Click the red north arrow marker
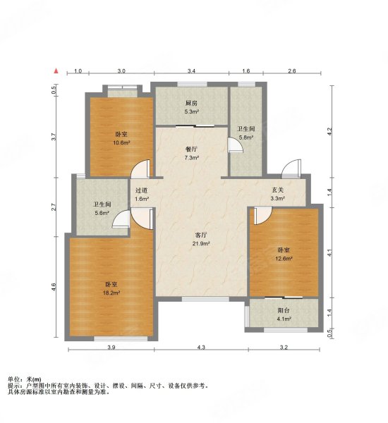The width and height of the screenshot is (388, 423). point(56,71)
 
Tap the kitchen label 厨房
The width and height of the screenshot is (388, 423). point(191,103)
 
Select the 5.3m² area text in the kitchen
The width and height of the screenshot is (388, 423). point(191,111)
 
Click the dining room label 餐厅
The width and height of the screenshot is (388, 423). point(191,149)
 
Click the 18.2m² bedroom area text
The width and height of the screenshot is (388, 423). point(111,293)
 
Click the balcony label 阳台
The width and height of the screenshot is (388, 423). point(284,310)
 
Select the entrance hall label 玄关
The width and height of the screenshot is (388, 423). point(278,190)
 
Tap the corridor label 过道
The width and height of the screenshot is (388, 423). point(142,190)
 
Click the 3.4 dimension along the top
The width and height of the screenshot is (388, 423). point(191,71)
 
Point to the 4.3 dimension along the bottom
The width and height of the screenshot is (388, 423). point(201,348)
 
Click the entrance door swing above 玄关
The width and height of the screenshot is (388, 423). point(291,168)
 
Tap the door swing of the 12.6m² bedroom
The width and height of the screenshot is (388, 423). point(263,216)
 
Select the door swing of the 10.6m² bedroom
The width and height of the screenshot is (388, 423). point(140,169)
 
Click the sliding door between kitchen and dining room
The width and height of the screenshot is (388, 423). point(195,125)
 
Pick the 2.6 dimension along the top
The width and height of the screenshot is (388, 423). point(292,71)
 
